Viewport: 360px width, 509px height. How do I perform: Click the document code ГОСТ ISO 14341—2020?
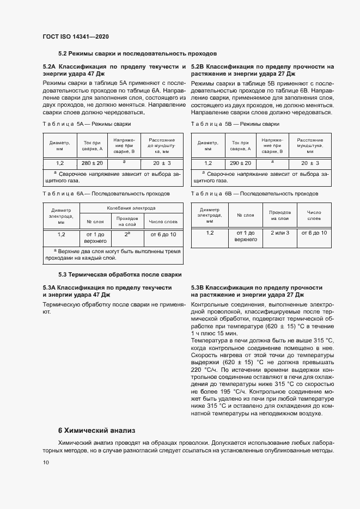click(x=76, y=36)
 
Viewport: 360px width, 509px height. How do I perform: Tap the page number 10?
click(x=46, y=462)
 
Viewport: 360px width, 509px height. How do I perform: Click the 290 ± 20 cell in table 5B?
click(x=240, y=163)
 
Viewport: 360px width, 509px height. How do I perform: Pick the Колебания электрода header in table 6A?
click(x=131, y=208)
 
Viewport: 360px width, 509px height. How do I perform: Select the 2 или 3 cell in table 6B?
click(x=279, y=232)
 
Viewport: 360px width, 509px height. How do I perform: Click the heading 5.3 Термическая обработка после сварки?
click(x=120, y=274)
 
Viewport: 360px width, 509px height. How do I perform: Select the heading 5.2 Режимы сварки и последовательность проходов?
click(x=137, y=54)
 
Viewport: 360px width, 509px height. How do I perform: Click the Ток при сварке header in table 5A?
click(x=89, y=145)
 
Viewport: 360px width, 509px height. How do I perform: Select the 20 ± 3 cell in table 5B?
click(x=311, y=163)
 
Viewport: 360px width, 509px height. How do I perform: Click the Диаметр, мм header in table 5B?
click(x=208, y=145)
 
